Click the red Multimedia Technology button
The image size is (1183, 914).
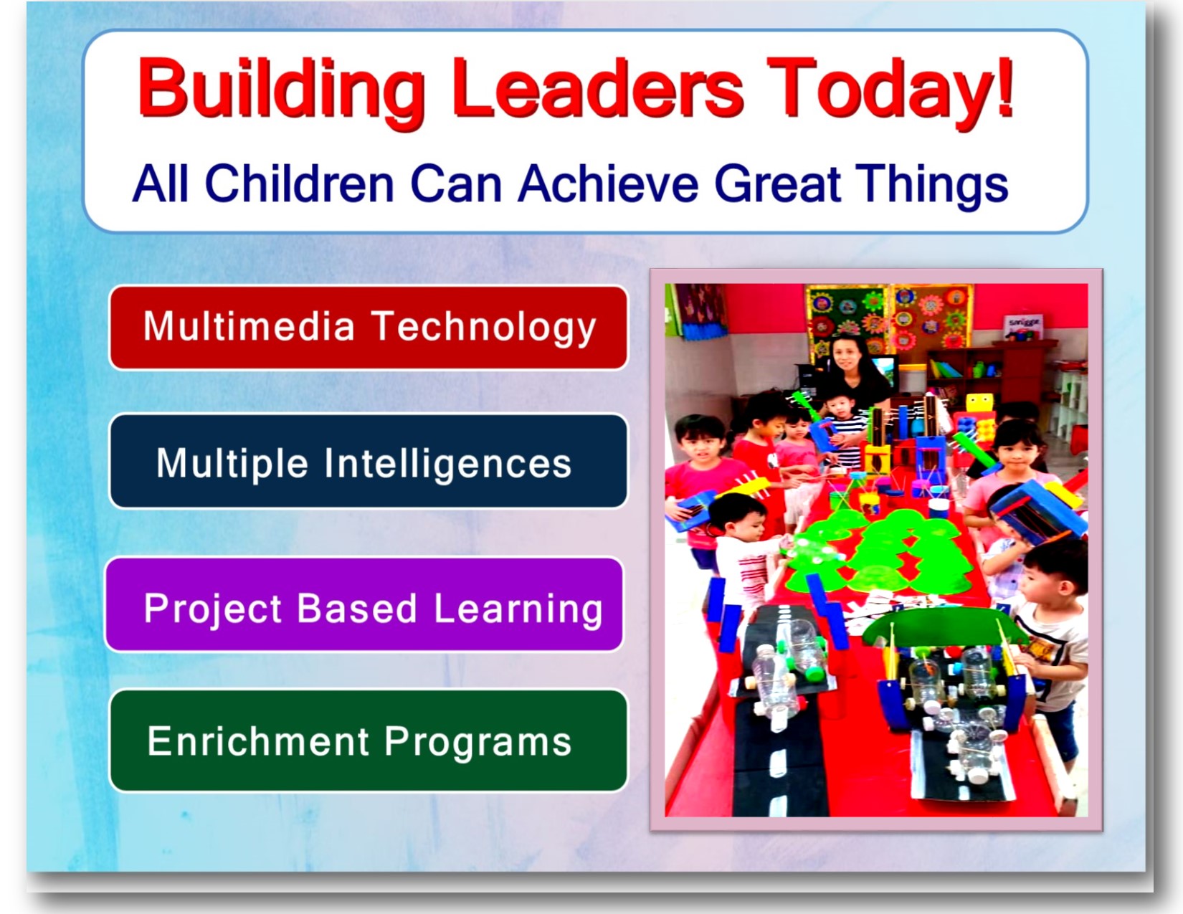click(369, 328)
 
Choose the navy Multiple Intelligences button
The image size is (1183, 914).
click(369, 462)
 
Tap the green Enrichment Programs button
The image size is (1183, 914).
click(369, 741)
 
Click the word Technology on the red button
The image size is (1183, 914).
click(484, 328)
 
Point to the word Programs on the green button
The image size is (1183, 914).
click(478, 742)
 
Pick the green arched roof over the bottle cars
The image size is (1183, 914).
click(939, 629)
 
